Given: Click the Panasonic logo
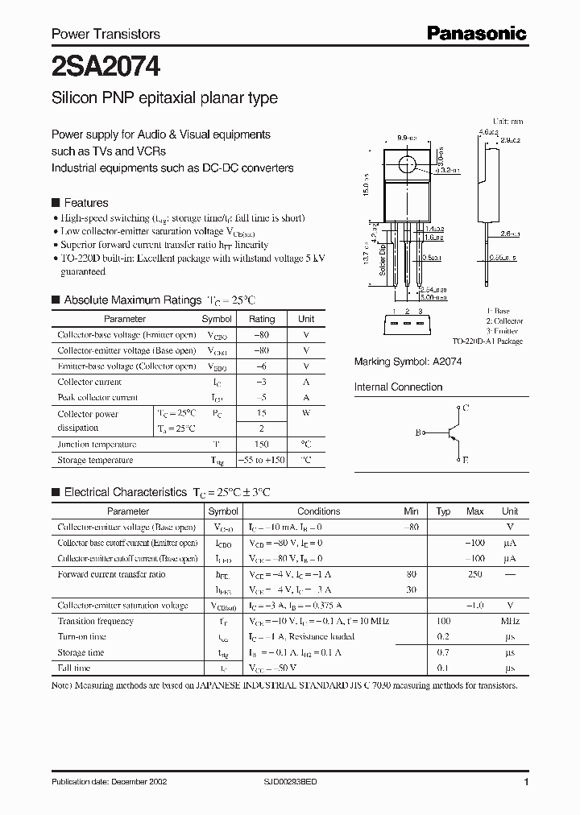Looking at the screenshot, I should pyautogui.click(x=476, y=33).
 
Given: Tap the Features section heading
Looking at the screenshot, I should pyautogui.click(x=85, y=203).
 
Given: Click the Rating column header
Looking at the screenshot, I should pyautogui.click(x=262, y=319).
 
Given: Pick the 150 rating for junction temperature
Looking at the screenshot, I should pyautogui.click(x=262, y=445).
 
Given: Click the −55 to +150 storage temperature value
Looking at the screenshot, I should pyautogui.click(x=262, y=460).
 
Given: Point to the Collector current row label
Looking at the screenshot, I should pyautogui.click(x=89, y=383).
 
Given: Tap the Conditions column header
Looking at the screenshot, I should pyautogui.click(x=318, y=511).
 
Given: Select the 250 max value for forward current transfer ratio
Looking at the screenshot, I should pyautogui.click(x=475, y=574).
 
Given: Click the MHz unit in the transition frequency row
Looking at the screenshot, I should pyautogui.click(x=509, y=622).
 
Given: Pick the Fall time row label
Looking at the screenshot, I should pyautogui.click(x=74, y=668).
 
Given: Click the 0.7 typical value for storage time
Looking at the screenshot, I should pyautogui.click(x=443, y=652).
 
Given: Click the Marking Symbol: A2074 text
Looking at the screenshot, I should pyautogui.click(x=408, y=362).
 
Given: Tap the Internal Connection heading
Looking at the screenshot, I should pyautogui.click(x=398, y=387).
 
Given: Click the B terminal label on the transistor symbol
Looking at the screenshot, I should pyautogui.click(x=418, y=433).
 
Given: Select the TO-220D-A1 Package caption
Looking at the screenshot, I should pyautogui.click(x=487, y=341).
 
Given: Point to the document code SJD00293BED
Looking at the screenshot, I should pyautogui.click(x=297, y=782).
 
